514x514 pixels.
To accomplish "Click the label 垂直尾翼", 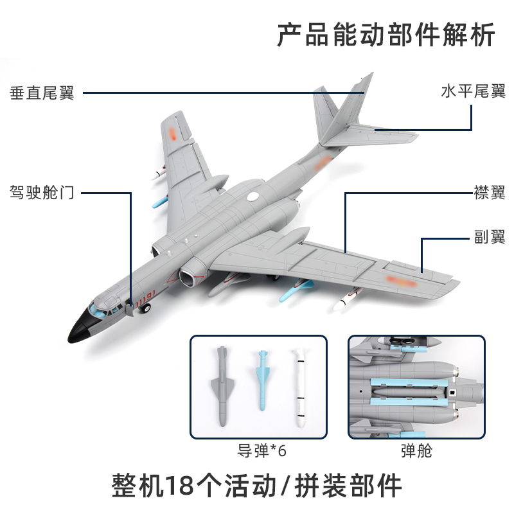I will coord(42,93).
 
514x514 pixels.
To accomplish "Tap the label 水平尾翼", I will coord(473,91).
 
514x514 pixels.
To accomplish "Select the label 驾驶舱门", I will coord(42,192).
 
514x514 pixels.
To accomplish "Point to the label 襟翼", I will coord(490,193).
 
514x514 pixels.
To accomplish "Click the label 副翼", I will coord(490,237).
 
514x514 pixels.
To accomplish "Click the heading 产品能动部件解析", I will coord(386,35).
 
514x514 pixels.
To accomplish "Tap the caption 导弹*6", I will coord(259,450).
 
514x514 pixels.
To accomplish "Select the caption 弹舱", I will coord(416,450).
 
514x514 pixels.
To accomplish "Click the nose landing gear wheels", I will coord(145,309).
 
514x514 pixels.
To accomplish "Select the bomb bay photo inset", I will coord(416,387).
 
